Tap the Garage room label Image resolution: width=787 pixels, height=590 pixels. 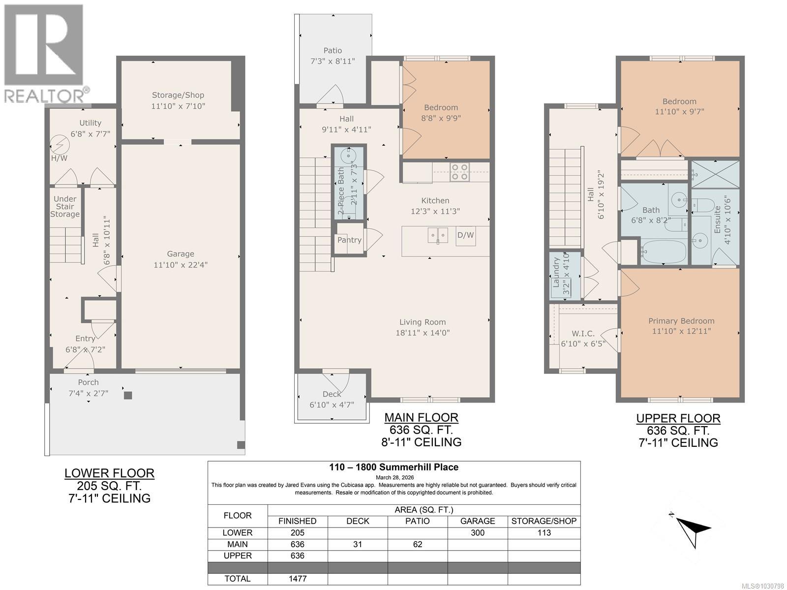[x=181, y=254]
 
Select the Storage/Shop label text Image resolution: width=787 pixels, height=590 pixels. [x=178, y=95]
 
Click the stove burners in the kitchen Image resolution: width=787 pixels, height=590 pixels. [x=460, y=172]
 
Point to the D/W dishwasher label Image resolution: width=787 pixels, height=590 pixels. [x=465, y=235]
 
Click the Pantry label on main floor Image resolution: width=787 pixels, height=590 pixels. [x=349, y=240]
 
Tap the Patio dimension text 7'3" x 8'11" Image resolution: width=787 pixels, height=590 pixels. [x=333, y=61]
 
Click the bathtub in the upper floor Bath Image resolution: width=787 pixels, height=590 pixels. [x=664, y=252]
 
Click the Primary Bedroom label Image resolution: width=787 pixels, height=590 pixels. [x=681, y=321]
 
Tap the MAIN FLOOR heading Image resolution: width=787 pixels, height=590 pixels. [x=421, y=418]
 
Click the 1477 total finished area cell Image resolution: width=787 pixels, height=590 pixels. [x=298, y=579]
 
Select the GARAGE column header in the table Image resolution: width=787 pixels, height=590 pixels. [x=477, y=521]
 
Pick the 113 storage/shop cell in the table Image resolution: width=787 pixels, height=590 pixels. [x=544, y=533]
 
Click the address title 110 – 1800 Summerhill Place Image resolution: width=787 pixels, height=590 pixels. [x=393, y=467]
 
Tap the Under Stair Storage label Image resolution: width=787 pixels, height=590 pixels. [x=65, y=207]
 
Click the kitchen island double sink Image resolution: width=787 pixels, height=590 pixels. [x=437, y=235]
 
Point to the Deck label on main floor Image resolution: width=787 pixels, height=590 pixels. [x=332, y=394]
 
